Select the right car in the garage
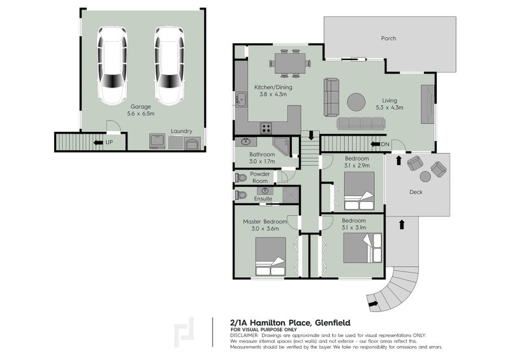coord(168,66)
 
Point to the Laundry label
coord(181,131)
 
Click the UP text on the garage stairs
coord(109,141)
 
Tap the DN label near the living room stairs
coord(384,145)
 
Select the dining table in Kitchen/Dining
coord(290,63)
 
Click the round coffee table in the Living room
coord(356,102)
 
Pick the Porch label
coord(388,38)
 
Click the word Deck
coord(416,192)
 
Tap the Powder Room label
coord(259,177)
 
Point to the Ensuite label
coord(263,199)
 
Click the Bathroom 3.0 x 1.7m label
coord(262,158)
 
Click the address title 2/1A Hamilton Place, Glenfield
coord(289,322)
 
